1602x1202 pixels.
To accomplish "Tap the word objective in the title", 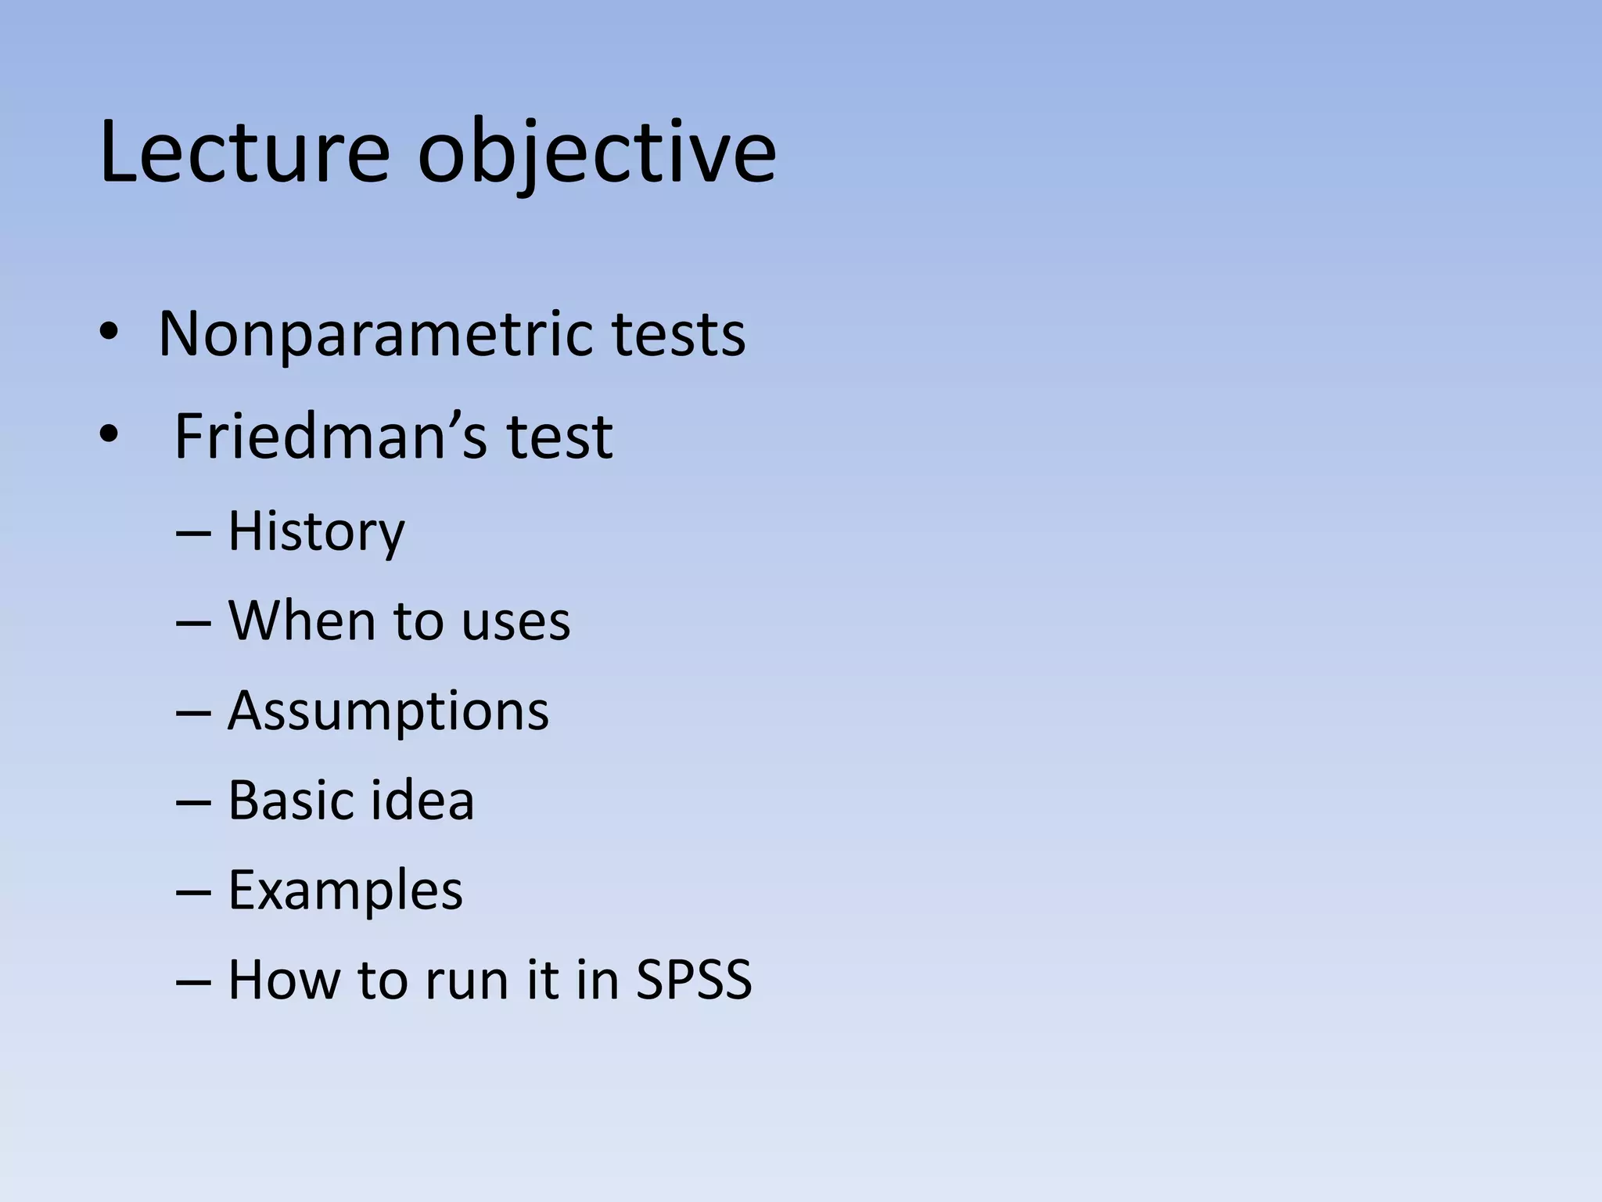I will click(596, 154).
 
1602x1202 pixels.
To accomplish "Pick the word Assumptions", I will click(388, 713).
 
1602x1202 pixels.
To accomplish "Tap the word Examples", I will click(345, 892).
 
